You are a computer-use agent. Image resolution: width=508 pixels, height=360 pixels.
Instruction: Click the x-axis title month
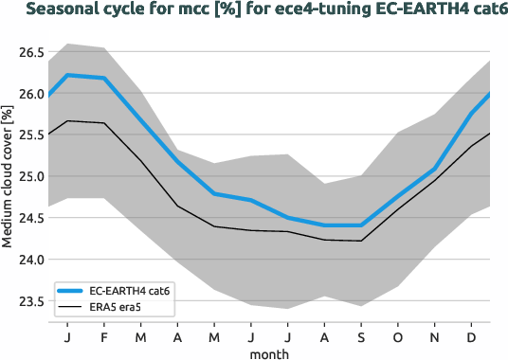tap(269, 352)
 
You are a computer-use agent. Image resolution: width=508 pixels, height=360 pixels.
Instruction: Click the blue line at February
tap(104, 78)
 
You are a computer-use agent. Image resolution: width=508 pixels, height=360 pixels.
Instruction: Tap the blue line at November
tap(434, 169)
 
